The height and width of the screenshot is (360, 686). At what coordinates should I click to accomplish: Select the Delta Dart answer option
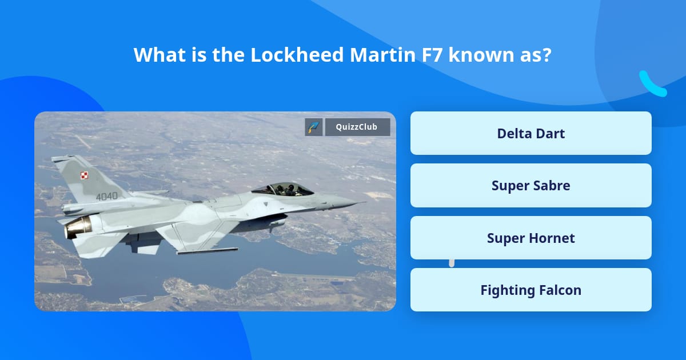[x=531, y=133]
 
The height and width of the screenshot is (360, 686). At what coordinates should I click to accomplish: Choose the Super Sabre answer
[x=531, y=186]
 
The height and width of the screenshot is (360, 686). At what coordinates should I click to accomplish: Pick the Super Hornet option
[x=531, y=238]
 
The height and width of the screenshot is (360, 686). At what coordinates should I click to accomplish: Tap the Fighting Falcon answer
[x=531, y=290]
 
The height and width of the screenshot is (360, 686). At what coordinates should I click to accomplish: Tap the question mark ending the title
[x=546, y=55]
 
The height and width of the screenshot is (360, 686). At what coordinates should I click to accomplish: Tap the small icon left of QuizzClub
[x=314, y=127]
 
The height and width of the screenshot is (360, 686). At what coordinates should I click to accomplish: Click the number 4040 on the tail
[x=106, y=197]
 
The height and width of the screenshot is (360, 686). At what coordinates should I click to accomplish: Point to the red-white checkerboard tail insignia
[x=85, y=176]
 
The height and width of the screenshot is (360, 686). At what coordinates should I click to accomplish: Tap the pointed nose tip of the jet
[x=364, y=202]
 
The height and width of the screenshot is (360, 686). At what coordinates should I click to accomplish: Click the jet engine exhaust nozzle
[x=77, y=227]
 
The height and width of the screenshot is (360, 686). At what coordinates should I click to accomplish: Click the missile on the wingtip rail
[x=207, y=250]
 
